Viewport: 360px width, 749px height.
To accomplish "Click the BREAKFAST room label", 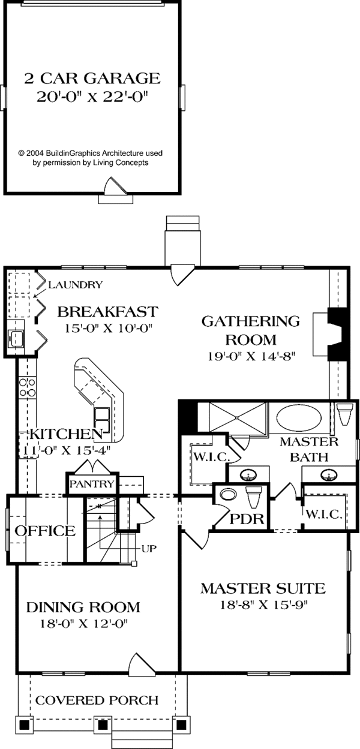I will pyautogui.click(x=107, y=312).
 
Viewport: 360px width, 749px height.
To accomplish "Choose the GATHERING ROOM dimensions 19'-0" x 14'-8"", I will pyautogui.click(x=250, y=355).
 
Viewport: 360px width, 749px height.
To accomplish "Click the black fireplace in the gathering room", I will pyautogui.click(x=338, y=334).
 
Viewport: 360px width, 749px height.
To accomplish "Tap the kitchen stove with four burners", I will pyautogui.click(x=26, y=387).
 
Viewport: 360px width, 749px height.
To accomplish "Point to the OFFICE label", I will pyautogui.click(x=45, y=531).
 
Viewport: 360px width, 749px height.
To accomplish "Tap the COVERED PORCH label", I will pyautogui.click(x=97, y=700).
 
